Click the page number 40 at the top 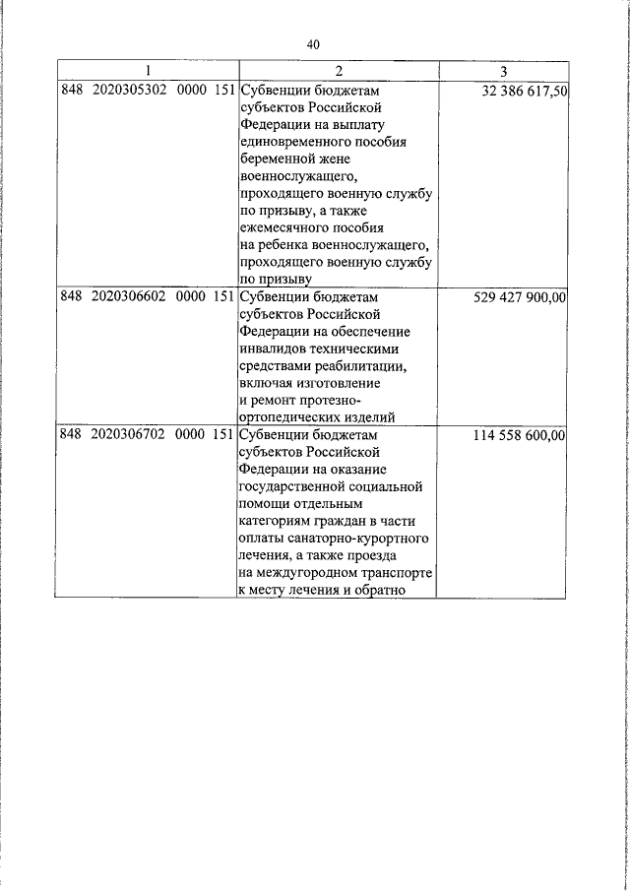[314, 44]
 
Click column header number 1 [147, 71]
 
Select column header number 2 [337, 71]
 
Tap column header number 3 [503, 71]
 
